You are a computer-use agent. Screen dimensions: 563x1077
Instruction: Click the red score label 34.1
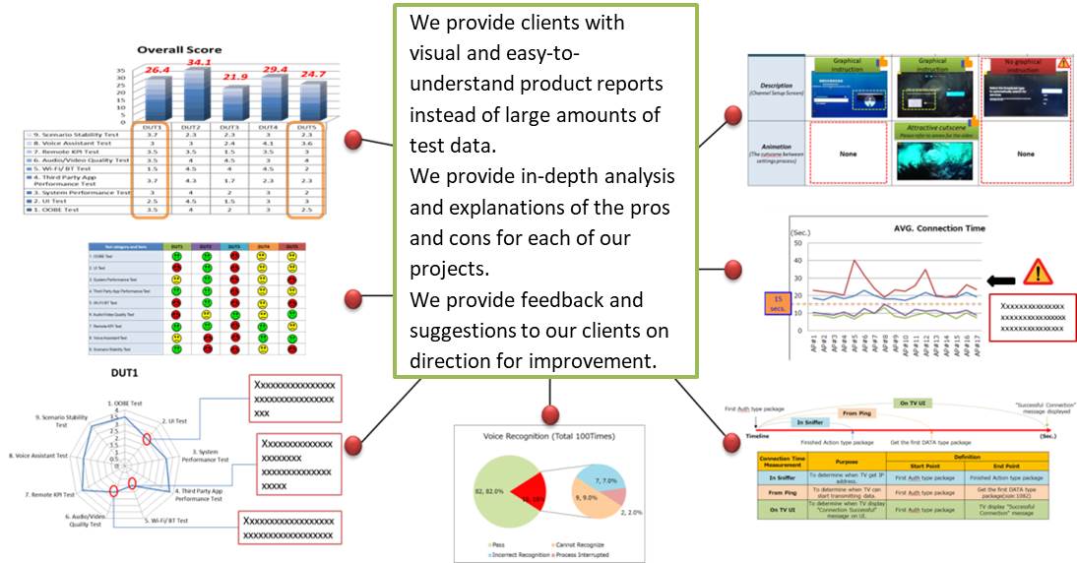[x=200, y=61]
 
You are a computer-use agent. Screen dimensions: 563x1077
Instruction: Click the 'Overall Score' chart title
[x=179, y=49]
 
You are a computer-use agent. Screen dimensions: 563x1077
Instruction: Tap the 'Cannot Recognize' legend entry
[x=547, y=543]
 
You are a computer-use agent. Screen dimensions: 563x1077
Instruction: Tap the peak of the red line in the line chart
[x=852, y=261]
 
